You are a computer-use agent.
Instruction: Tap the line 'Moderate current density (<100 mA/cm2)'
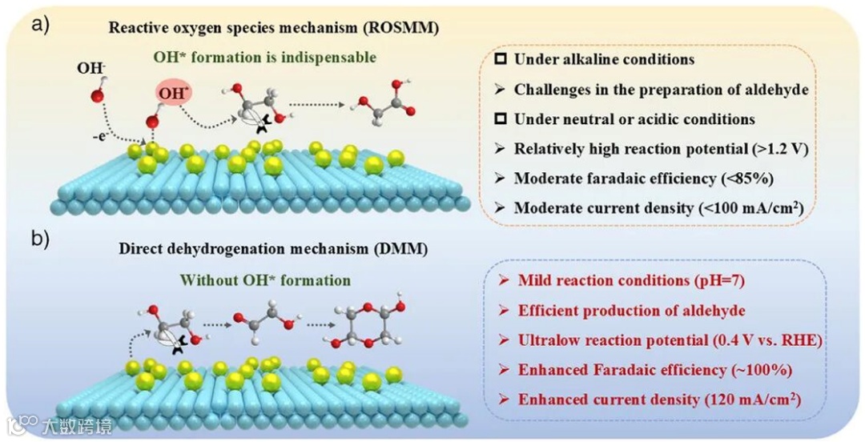click(x=658, y=208)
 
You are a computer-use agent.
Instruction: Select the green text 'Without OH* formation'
click(x=265, y=280)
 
